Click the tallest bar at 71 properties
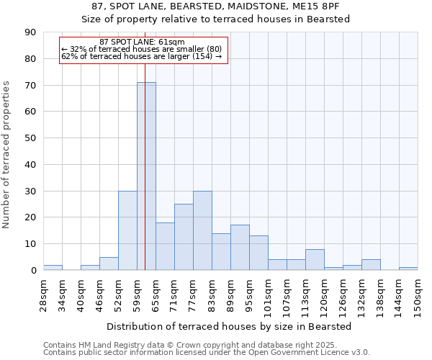[x=146, y=176]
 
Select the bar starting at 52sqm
[x=127, y=230]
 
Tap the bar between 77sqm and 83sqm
[x=202, y=230]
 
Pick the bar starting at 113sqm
[x=315, y=259]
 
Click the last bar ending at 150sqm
[x=408, y=269]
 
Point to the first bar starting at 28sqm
[x=53, y=267]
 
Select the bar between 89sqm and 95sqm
[x=240, y=248]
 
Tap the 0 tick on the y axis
[x=33, y=270]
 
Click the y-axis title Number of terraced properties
[x=7, y=154]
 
